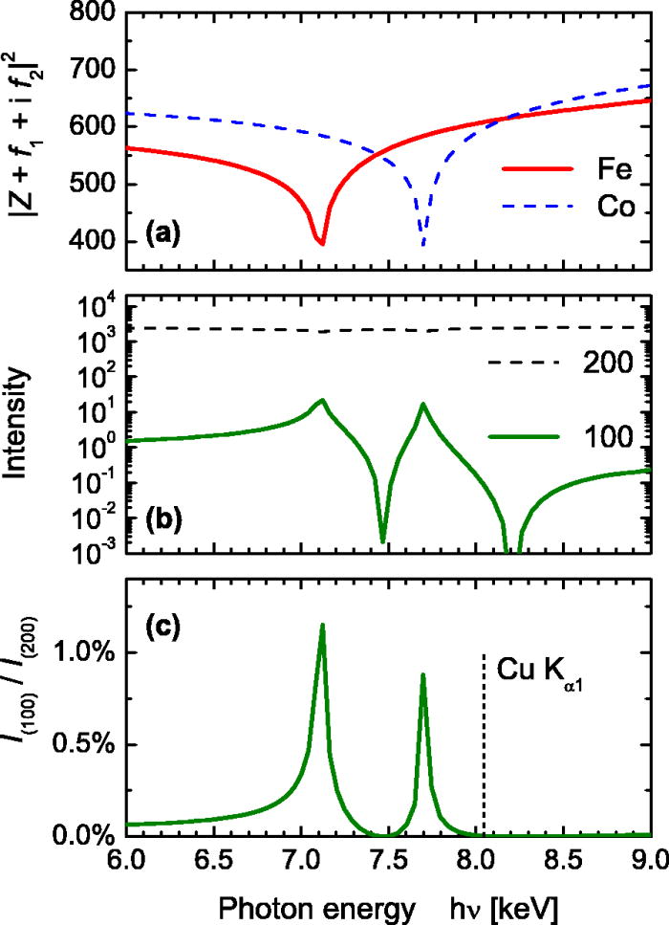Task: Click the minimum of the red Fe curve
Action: pos(322,243)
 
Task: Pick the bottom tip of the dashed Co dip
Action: pos(423,245)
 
